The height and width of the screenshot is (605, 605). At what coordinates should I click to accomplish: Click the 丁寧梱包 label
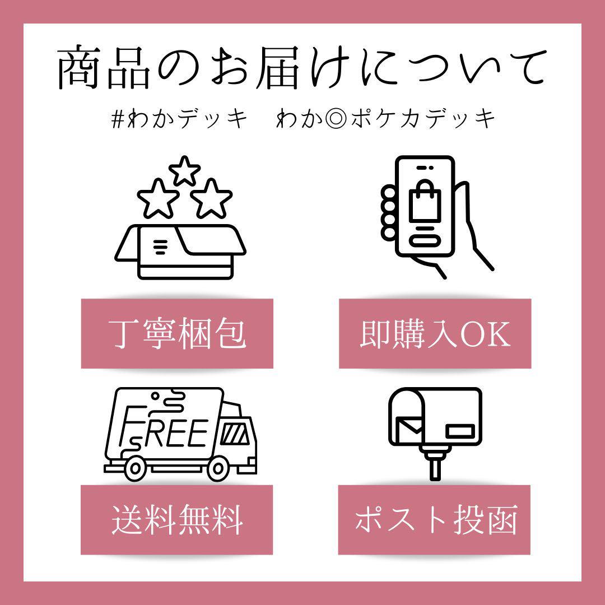click(177, 333)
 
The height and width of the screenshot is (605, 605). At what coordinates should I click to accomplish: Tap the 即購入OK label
click(435, 333)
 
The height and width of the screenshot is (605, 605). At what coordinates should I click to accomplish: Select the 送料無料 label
click(176, 520)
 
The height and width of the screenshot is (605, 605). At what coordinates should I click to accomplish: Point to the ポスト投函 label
click(434, 520)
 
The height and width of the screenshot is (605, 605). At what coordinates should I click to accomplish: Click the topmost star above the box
click(184, 170)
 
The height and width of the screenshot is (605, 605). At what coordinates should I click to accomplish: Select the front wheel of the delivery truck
click(217, 468)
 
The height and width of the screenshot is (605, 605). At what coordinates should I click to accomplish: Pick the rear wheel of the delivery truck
click(134, 468)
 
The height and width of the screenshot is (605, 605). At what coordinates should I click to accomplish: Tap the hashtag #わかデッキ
click(179, 118)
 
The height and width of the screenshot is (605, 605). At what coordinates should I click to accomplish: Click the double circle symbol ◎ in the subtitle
click(336, 119)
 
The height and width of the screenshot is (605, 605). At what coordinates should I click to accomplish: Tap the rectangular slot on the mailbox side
click(460, 431)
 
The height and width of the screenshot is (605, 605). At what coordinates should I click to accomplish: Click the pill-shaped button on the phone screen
click(425, 241)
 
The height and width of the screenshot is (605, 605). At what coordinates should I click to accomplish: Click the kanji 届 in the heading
click(278, 67)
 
